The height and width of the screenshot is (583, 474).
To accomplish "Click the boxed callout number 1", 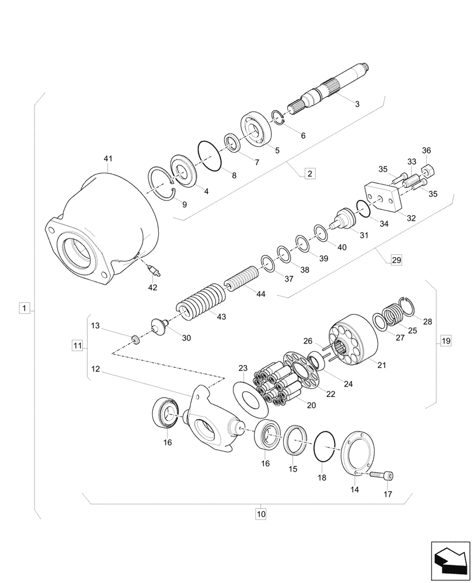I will point(23,307).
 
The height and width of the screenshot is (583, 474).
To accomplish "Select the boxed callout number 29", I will point(396,260).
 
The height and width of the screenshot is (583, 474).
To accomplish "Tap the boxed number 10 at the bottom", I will point(260,514).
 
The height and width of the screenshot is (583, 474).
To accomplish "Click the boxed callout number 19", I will point(445,340).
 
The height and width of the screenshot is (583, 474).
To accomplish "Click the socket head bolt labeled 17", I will point(384,476).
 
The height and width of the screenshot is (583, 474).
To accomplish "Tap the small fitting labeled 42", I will point(154,269).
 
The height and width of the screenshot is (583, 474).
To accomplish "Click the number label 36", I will point(426,150).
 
